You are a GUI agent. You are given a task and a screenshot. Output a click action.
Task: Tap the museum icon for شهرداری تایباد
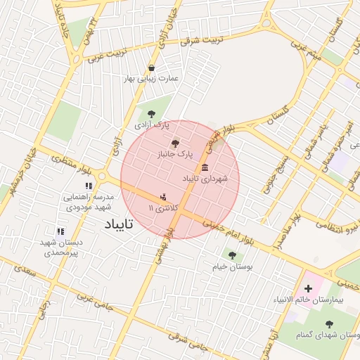205,167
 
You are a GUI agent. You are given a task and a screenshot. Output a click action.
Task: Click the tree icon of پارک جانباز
175,142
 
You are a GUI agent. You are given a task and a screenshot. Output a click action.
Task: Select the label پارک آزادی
152,124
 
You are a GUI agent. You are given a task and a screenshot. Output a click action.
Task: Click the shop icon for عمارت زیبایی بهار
151,68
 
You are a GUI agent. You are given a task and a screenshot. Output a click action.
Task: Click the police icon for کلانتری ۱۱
164,198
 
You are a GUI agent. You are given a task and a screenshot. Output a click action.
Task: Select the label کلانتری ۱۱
165,209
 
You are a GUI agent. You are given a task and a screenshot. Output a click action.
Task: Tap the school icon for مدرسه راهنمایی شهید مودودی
89,186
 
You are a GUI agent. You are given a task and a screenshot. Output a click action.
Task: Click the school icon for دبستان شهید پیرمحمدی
60,231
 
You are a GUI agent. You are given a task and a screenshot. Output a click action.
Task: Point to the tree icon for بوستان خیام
231,255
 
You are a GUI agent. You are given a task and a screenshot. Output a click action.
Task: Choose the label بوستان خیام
232,266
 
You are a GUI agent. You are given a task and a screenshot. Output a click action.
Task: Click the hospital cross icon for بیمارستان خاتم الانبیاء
308,288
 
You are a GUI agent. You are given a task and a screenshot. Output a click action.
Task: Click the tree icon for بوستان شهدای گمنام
330,323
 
